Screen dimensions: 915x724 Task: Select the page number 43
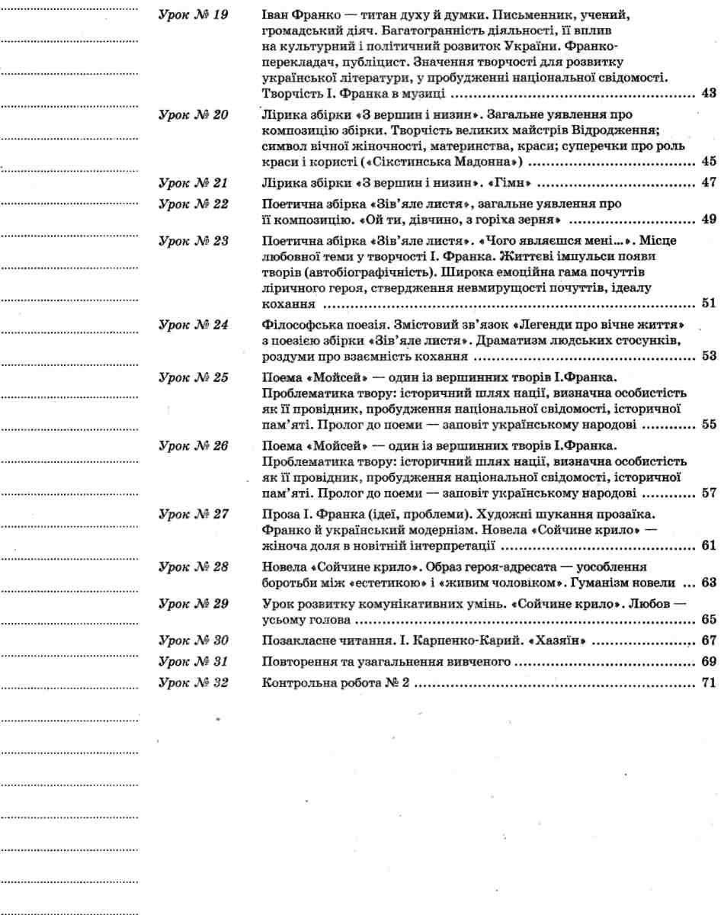coord(707,95)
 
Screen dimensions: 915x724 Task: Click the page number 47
coord(707,183)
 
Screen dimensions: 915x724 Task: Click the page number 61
coord(707,546)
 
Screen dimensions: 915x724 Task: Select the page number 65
coord(707,618)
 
